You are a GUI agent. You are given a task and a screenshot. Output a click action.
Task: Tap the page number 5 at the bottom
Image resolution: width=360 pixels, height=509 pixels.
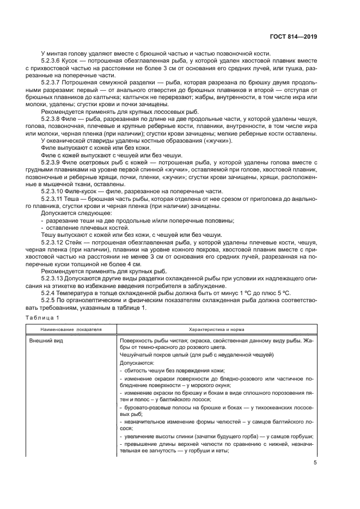[315, 463]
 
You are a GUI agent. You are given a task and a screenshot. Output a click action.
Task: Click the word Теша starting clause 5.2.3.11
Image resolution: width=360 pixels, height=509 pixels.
[80, 200]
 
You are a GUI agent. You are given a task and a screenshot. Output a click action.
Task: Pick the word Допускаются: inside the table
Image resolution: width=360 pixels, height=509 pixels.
[136, 361]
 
